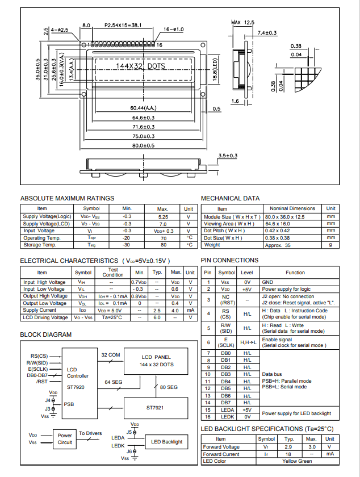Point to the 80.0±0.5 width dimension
click(x=143, y=145)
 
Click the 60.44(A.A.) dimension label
click(x=143, y=108)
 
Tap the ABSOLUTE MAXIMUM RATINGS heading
click(x=67, y=198)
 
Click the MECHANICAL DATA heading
click(x=231, y=198)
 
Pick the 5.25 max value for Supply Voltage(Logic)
click(x=162, y=217)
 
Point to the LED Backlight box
click(x=167, y=441)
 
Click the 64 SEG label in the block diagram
click(x=113, y=382)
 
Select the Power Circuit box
click(x=65, y=439)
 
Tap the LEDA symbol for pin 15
click(x=226, y=409)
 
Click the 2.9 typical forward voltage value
click(x=289, y=447)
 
